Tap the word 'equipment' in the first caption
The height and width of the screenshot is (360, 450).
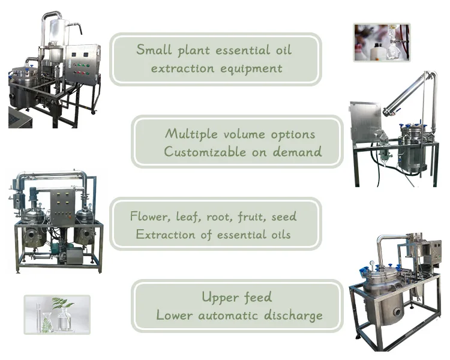(x=251, y=68)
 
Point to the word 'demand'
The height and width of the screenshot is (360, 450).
(x=297, y=151)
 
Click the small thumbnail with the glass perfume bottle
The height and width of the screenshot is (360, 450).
(x=382, y=42)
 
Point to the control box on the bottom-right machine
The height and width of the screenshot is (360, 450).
(x=431, y=253)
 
